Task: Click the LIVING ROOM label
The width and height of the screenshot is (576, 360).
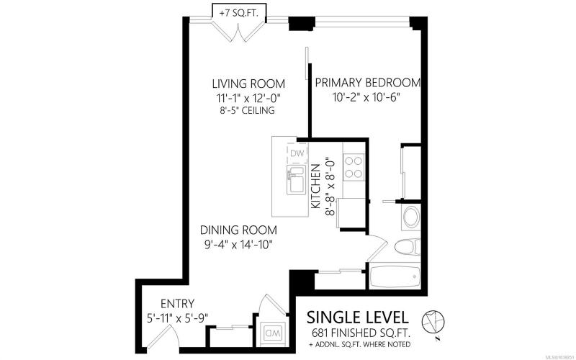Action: (x=248, y=84)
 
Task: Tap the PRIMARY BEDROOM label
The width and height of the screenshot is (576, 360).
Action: (x=368, y=83)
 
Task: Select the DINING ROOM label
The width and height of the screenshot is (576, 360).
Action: (x=238, y=230)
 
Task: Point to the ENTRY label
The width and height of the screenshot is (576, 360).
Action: (x=177, y=304)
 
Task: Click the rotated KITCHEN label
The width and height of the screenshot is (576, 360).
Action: (x=315, y=186)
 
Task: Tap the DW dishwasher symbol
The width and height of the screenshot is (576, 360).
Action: (x=297, y=154)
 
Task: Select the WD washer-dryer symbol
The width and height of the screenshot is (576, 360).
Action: (x=273, y=333)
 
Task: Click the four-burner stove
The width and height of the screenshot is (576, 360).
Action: (x=354, y=167)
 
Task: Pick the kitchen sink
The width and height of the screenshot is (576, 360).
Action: (x=296, y=180)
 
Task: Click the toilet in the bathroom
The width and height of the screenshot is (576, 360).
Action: (x=408, y=246)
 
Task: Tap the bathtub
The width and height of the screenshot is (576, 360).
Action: (x=395, y=276)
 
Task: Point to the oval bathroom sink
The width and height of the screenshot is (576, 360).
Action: (x=411, y=217)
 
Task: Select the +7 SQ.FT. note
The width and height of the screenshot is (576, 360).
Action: (x=238, y=13)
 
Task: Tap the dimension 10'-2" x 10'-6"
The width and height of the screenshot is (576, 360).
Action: (x=366, y=97)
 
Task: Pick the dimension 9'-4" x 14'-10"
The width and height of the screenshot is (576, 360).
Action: (x=238, y=244)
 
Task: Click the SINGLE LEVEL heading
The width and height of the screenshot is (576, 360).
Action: (x=357, y=317)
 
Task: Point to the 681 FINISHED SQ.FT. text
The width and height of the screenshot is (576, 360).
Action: (x=361, y=333)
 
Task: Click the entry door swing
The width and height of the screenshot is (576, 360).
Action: (x=166, y=336)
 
